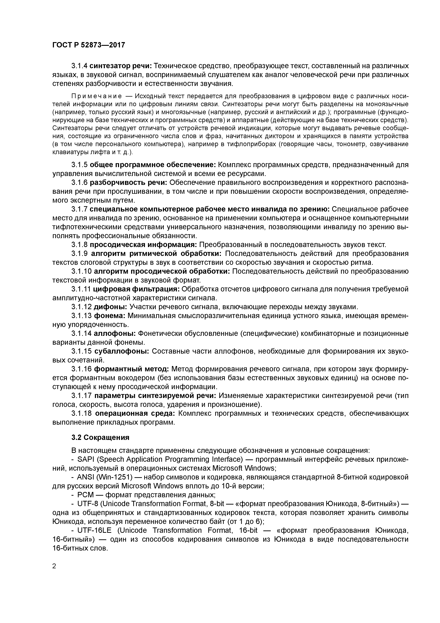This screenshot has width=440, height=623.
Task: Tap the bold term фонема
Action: click(109, 316)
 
